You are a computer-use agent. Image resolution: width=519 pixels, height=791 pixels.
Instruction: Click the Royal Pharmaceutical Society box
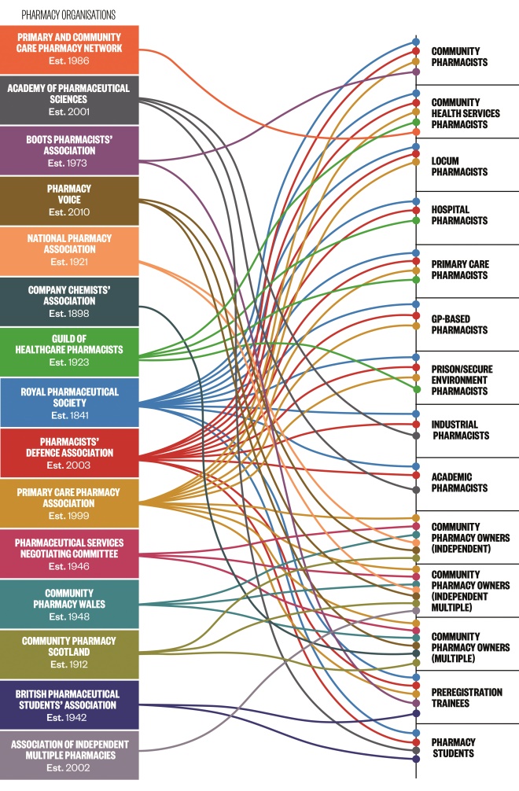coord(69,403)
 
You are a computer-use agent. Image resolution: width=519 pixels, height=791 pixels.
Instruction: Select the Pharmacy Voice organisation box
coord(69,201)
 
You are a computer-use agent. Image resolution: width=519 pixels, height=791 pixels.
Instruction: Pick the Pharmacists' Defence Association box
coord(69,453)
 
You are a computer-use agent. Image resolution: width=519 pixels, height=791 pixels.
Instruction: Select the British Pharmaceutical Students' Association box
coord(69,705)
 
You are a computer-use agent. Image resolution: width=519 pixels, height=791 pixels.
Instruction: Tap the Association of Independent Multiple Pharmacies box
coord(69,755)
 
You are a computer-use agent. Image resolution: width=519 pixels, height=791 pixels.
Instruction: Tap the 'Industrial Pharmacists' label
coord(461,430)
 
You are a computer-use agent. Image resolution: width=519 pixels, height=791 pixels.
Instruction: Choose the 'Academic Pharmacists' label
coord(460,482)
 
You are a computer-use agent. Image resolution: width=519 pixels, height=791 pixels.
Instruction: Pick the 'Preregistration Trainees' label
coord(466,697)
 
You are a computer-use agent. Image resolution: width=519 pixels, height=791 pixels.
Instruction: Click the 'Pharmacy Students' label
coord(454,748)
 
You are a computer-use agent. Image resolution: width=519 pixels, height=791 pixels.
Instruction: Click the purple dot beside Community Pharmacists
coord(416,72)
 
